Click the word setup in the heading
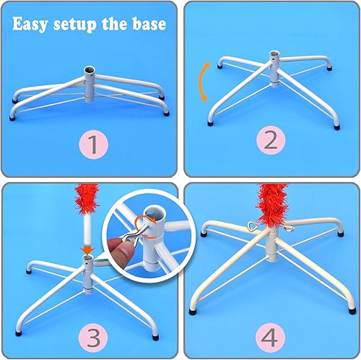(x=82, y=24)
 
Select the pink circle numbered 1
(x=97, y=145)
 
